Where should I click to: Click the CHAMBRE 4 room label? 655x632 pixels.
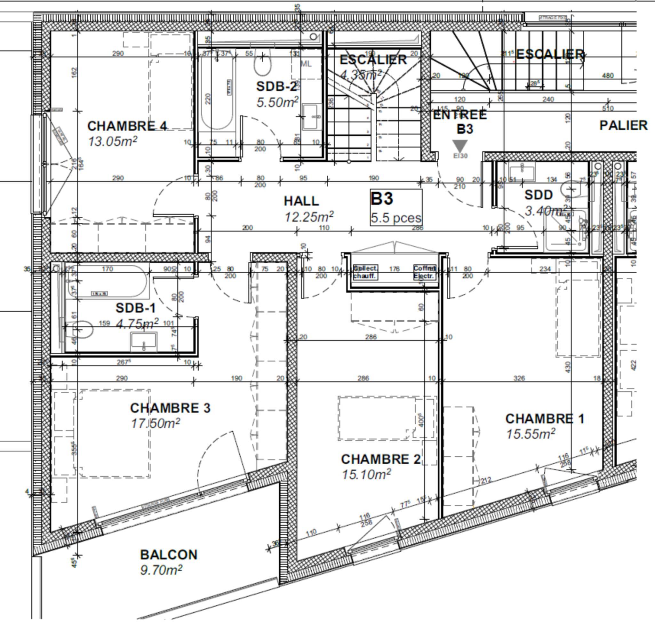pyautogui.click(x=127, y=126)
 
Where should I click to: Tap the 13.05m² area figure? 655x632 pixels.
pyautogui.click(x=113, y=141)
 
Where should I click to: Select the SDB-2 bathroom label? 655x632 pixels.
pyautogui.click(x=276, y=87)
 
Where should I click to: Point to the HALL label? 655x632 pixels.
pyautogui.click(x=301, y=201)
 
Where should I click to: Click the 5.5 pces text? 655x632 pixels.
pyautogui.click(x=396, y=218)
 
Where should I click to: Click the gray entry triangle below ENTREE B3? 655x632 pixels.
pyautogui.click(x=460, y=146)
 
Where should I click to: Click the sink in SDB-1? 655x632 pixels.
pyautogui.click(x=144, y=341)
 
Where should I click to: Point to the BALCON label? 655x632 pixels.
pyautogui.click(x=169, y=555)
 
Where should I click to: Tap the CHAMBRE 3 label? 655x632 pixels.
pyautogui.click(x=170, y=408)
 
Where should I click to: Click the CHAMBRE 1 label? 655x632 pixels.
pyautogui.click(x=545, y=419)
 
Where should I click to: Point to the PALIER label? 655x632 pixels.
pyautogui.click(x=623, y=126)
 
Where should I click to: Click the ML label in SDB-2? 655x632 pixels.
pyautogui.click(x=306, y=64)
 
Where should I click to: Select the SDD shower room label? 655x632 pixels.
pyautogui.click(x=539, y=195)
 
